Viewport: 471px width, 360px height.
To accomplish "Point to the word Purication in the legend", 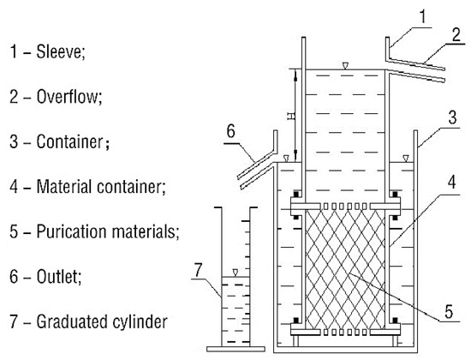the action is point(71,231).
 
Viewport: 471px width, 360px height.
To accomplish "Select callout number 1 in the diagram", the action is point(423,16).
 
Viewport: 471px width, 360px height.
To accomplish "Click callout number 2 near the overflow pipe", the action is point(456,35).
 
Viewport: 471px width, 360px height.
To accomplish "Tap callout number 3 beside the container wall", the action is point(453,117).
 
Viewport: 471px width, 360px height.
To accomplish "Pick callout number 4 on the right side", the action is point(452,183).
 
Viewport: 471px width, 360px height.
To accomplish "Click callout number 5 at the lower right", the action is point(449,312).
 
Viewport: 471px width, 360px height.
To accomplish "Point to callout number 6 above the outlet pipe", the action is point(230,131).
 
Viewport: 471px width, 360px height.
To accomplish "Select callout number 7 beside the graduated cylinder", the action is point(199,269).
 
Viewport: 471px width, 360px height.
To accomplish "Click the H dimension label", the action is point(290,116).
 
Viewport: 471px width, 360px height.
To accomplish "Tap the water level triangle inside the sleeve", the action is point(345,65).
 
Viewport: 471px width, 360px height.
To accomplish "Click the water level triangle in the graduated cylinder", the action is point(235,273).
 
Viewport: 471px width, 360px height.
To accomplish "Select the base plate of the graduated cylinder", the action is point(235,349).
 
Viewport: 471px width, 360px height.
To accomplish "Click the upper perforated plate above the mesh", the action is point(345,206).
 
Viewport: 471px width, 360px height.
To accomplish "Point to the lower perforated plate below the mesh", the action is point(345,333).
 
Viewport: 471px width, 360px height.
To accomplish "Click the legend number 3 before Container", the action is point(14,141).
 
